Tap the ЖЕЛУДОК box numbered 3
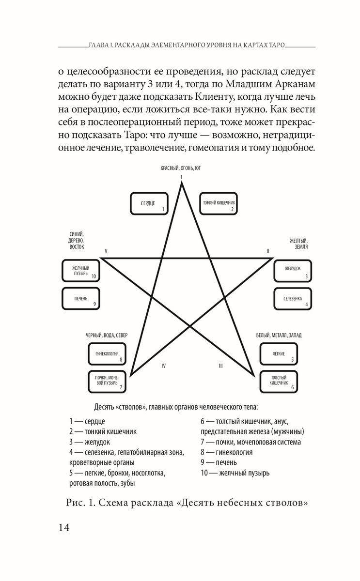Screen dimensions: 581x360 click(293, 270)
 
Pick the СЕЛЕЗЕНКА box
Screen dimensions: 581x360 click(293, 299)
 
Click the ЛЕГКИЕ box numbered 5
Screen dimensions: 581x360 click(279, 354)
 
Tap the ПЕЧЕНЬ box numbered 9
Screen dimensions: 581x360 click(81, 299)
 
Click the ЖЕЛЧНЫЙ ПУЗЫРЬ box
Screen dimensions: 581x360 click(81, 270)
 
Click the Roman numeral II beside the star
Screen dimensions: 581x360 click(267, 251)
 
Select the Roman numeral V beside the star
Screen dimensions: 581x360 click(105, 251)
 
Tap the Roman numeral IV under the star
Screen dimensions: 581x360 click(163, 366)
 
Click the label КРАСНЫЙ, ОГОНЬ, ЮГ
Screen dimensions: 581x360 click(181, 168)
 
